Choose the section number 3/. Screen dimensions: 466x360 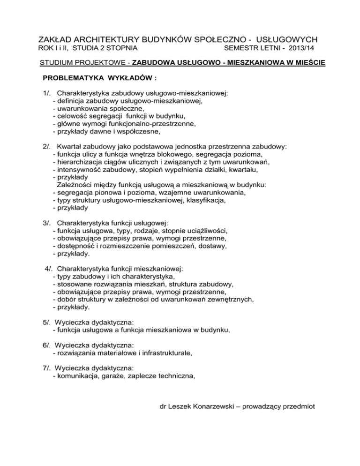click(x=46, y=223)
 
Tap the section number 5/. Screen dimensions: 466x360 click(x=46, y=323)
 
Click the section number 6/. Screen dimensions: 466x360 click(x=46, y=345)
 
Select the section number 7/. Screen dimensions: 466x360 click(x=46, y=368)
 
